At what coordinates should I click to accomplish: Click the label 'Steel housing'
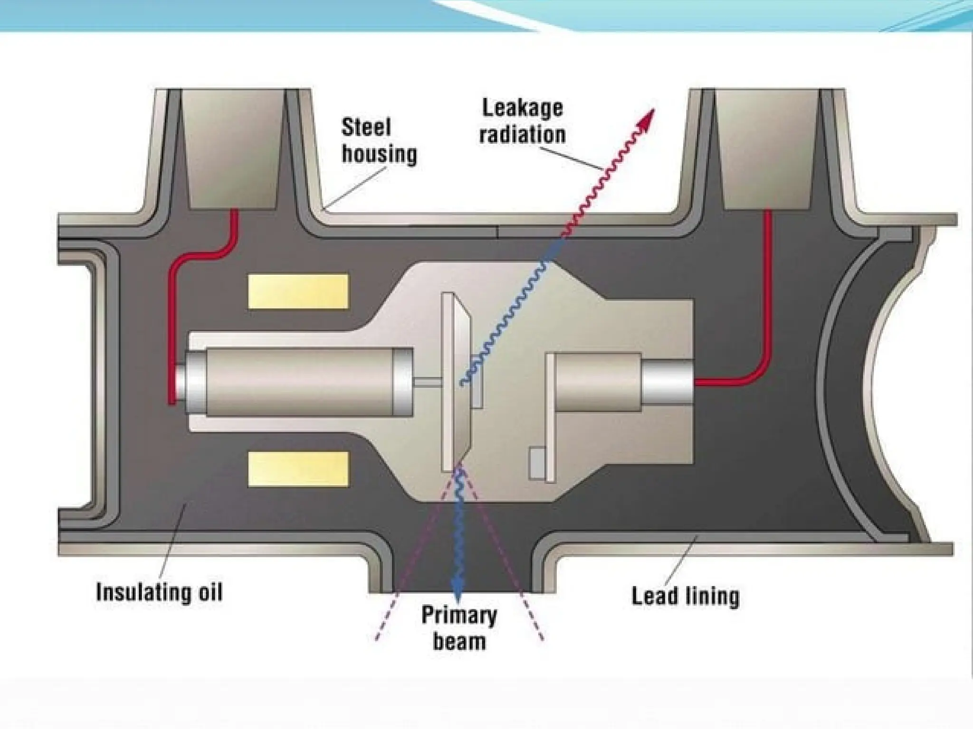coord(379,141)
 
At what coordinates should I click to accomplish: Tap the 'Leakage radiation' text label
coord(522,121)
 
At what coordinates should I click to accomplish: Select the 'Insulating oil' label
coord(159,592)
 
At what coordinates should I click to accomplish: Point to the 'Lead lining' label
coord(685,596)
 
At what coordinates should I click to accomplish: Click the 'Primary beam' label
coord(459,628)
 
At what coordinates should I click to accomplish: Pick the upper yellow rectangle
coord(298,291)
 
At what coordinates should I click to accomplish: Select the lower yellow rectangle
coord(298,468)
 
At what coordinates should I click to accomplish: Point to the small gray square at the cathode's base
coord(537,463)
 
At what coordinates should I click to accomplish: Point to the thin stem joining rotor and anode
coord(427,381)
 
